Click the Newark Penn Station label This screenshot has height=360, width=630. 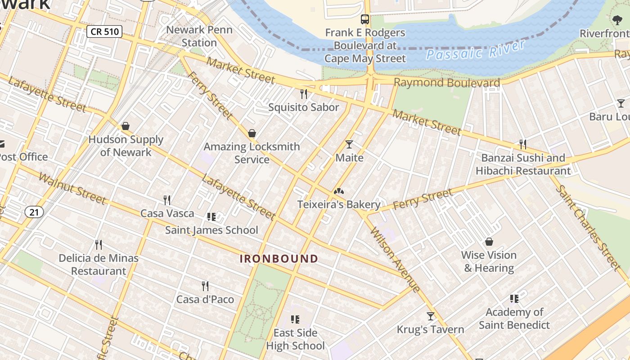click(x=199, y=36)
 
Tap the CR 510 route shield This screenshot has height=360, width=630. click(x=104, y=31)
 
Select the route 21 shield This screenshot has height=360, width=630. click(x=34, y=212)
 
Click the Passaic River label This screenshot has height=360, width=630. click(x=475, y=50)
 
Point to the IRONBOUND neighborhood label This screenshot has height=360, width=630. click(x=279, y=259)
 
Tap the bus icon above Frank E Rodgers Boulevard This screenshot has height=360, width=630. click(x=365, y=19)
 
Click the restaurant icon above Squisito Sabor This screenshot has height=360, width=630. click(x=304, y=94)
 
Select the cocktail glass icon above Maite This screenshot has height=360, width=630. click(x=349, y=144)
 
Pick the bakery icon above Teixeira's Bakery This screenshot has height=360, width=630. click(x=338, y=191)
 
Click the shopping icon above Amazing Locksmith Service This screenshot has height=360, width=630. click(x=252, y=133)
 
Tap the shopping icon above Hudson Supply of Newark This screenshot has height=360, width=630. click(x=126, y=126)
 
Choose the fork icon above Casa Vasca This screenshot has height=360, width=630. click(x=167, y=200)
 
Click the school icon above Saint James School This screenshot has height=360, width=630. click(x=211, y=217)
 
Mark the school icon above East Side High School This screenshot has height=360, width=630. click(x=295, y=319)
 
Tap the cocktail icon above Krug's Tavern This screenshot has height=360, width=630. click(x=431, y=316)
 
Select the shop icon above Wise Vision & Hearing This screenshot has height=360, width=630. click(x=489, y=242)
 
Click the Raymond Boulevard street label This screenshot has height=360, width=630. click(x=447, y=83)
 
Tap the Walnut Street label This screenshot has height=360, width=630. click(x=72, y=188)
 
